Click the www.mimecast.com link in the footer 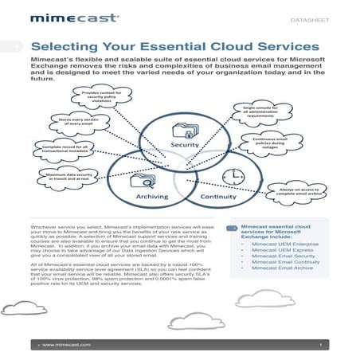(68, 345)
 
